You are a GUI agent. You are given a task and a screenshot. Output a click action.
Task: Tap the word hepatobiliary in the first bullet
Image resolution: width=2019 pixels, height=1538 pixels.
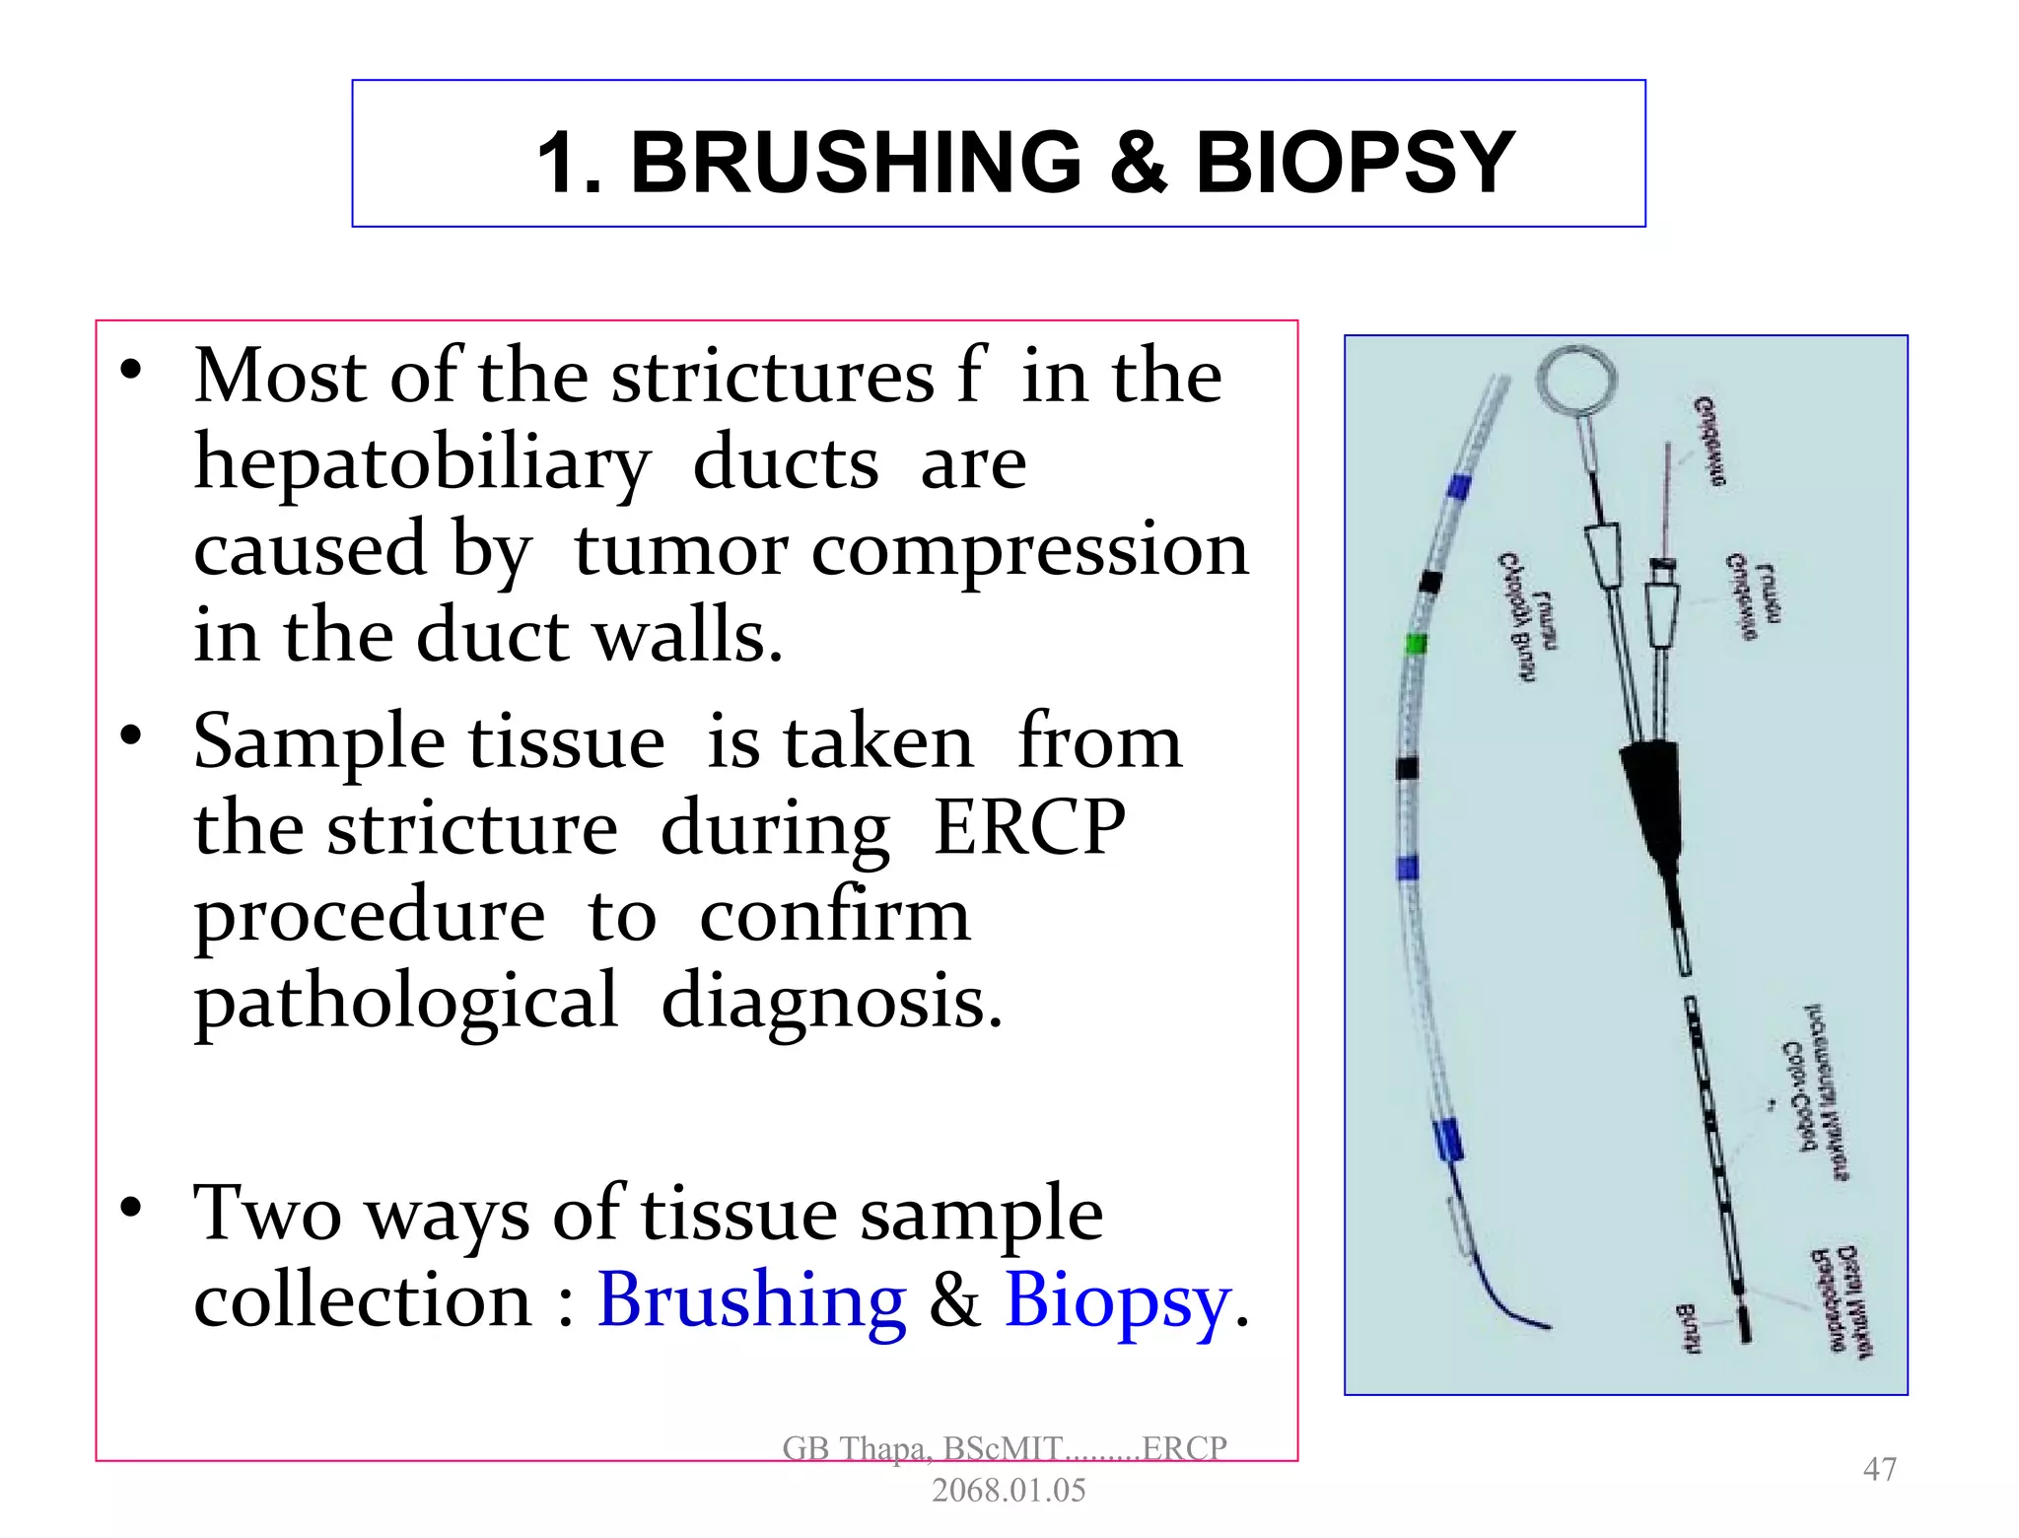[422, 462]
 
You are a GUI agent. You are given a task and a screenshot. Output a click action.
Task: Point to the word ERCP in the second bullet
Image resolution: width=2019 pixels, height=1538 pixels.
[1028, 827]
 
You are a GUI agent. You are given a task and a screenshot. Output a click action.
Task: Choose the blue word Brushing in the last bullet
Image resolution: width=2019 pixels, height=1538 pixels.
[751, 1300]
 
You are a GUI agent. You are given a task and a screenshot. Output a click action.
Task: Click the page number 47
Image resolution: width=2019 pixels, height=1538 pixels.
[1879, 1469]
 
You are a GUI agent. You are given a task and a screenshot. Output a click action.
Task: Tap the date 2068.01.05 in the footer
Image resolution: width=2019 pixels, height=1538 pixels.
[1008, 1490]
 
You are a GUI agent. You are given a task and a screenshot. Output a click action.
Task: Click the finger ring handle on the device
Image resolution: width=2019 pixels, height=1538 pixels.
[1576, 380]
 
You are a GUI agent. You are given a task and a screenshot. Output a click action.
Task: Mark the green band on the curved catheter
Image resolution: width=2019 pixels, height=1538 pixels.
[1416, 646]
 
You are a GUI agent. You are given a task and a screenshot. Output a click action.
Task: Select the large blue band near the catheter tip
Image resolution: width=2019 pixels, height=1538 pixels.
[1447, 1140]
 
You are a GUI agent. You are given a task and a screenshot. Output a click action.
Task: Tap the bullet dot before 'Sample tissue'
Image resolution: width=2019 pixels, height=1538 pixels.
[131, 736]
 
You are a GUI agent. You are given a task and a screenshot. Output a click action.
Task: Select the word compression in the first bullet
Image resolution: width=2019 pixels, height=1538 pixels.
[1029, 549]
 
